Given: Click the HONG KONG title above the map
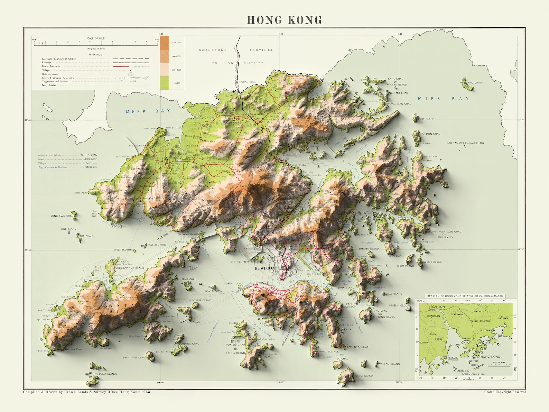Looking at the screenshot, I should coord(284,20).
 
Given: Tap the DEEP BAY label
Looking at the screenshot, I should coord(148,111).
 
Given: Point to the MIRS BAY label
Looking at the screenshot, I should coord(443,99).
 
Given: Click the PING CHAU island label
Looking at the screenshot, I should coord(474,83).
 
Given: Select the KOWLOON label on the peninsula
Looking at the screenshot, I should coord(265,268).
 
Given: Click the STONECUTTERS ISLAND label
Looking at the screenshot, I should coord(245,262).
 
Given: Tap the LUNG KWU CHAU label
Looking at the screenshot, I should coord(62,216).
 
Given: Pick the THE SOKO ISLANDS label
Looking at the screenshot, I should coord(105,374).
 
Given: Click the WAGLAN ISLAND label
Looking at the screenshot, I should coord(389,364).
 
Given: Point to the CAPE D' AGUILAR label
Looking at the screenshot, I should coord(357,347).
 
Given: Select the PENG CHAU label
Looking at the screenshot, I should coord(189,279).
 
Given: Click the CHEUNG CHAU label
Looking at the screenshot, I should coord(190,344).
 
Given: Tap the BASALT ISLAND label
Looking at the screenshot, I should coord(432,262).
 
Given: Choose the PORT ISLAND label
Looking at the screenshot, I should coord(426,119).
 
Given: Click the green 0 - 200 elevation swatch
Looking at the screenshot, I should coord(165,83).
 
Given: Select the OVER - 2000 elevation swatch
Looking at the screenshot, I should coord(165,42).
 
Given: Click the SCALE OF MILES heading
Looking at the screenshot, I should coord(96,38).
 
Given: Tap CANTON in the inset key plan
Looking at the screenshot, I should coord(438,307).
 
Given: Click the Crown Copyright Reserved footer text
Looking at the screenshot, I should coord(505,392).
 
